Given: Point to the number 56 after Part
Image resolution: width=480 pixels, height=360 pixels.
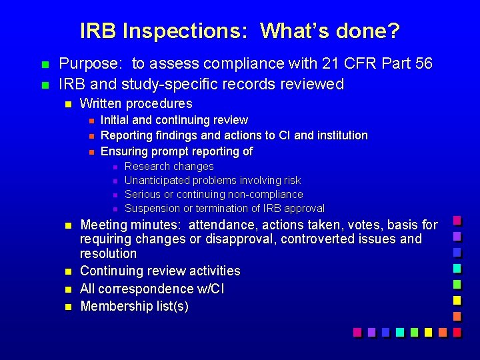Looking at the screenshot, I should [423, 64].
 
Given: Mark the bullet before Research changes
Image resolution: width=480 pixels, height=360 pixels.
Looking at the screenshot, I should [114, 167].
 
